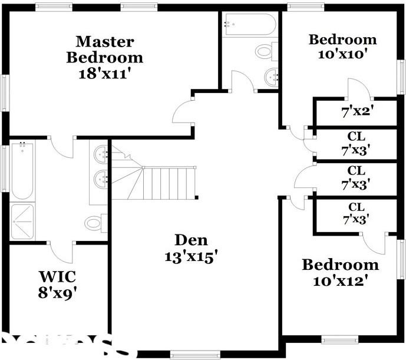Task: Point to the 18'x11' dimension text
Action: point(104,74)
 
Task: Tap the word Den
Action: point(191,240)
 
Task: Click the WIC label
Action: point(57,276)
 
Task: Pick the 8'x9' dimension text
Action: point(58,293)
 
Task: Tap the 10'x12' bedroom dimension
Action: point(340,281)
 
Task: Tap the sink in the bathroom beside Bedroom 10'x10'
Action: point(271,77)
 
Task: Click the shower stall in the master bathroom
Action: point(22,221)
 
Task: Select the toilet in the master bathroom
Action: point(95,223)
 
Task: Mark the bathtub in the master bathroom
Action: point(22,171)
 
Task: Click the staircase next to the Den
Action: point(168,183)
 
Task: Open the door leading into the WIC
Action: point(62,252)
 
